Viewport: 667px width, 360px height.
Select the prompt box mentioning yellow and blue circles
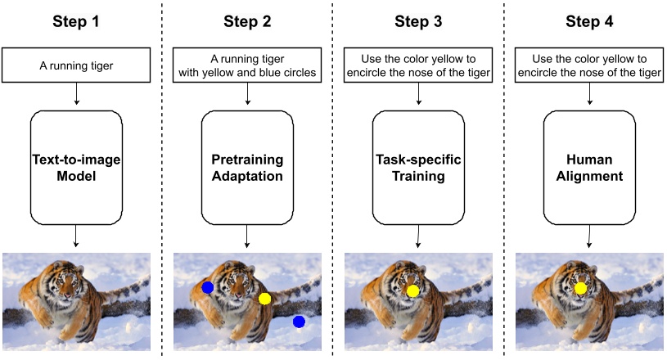coord(247,65)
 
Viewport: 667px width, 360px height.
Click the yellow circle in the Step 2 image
coord(264,299)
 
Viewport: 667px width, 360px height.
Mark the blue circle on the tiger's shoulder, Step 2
coord(208,287)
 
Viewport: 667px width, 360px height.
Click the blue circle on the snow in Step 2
coord(299,322)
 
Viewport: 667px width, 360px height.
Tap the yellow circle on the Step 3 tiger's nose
coord(413,290)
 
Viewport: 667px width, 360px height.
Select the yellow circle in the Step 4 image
coord(580,288)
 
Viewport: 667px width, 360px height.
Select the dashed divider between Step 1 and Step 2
coord(161,180)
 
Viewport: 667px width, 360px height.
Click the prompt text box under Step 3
coord(418,65)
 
